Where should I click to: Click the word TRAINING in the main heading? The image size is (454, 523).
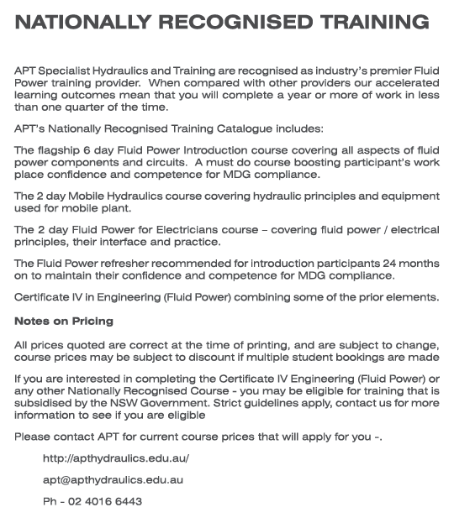click(367, 23)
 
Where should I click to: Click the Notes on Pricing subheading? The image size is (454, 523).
click(64, 322)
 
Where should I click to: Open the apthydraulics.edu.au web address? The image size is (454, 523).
click(116, 458)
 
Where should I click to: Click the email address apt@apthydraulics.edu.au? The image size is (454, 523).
click(113, 480)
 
